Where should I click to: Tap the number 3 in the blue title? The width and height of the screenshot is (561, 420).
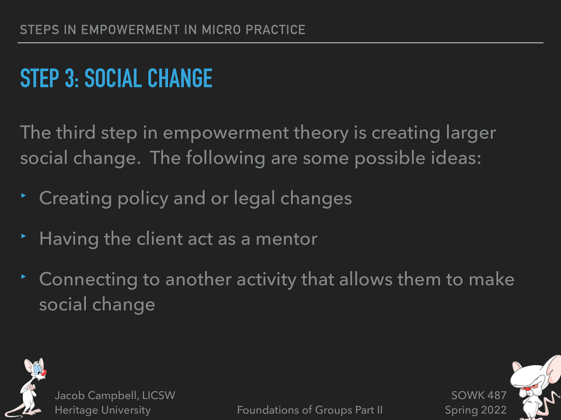(69, 78)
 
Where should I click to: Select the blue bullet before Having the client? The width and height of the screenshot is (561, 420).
(23, 236)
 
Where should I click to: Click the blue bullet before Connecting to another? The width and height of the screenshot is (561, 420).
(23, 277)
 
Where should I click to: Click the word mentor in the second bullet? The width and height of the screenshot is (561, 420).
(286, 239)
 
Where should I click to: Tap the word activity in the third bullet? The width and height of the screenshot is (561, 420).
(266, 280)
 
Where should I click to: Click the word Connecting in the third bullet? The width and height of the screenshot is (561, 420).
(88, 280)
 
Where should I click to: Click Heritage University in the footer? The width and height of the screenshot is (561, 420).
(102, 410)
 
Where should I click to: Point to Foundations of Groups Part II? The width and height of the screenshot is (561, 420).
(310, 410)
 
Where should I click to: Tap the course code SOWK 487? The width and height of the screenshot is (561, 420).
(479, 395)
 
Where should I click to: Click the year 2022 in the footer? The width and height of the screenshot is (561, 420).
(493, 410)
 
